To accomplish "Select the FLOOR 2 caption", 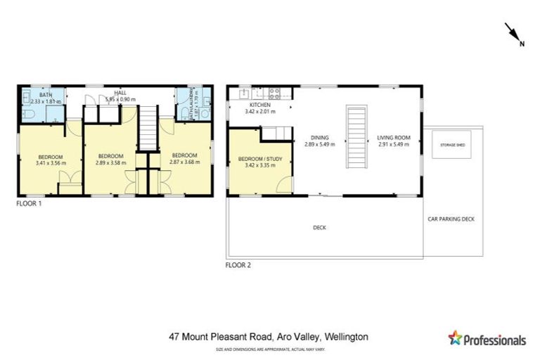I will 238,265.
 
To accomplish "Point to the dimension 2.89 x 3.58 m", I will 111,162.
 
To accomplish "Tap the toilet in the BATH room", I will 26,112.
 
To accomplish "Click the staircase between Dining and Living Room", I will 356,136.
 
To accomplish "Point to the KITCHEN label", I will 257,105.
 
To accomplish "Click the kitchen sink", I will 244,93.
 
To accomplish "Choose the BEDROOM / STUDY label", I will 260,159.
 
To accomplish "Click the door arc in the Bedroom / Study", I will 284,184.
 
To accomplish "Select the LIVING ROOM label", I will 392,137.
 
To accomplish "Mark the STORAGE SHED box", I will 452,144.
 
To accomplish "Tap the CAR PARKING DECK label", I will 451,219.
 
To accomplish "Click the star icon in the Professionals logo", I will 455,338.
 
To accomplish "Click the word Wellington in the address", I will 345,337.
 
